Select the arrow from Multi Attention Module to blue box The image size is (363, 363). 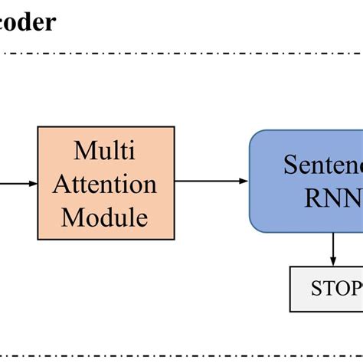coord(211,181)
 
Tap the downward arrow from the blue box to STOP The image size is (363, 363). coord(333,249)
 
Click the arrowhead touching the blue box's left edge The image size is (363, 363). coord(244,181)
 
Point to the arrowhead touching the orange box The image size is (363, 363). coord(33,183)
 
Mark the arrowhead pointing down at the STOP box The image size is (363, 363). coord(333,261)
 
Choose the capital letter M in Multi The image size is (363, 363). coord(82,150)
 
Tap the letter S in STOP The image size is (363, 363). coord(316,289)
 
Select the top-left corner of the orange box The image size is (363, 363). coord(38,127)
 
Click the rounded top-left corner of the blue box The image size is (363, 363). coord(253,134)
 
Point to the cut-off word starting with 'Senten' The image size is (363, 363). coord(322,164)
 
